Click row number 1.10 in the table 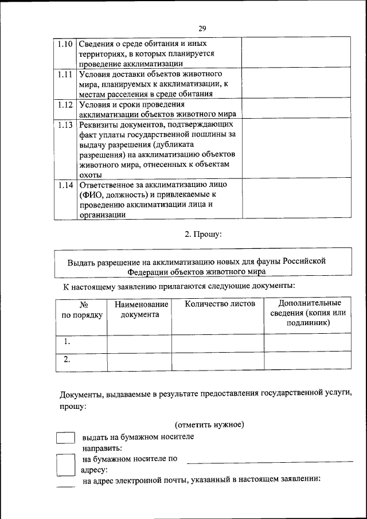click(x=65, y=44)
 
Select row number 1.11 click(x=65, y=75)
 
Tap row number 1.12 click(x=65, y=105)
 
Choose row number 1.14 click(x=65, y=185)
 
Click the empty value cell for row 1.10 click(x=296, y=53)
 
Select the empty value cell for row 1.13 click(x=296, y=149)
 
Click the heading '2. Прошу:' click(x=202, y=234)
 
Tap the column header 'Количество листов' click(x=218, y=304)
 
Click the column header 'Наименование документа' click(x=140, y=309)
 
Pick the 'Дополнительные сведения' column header click(x=308, y=313)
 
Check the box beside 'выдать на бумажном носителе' click(x=65, y=438)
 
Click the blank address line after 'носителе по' click(x=270, y=461)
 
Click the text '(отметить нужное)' click(x=209, y=425)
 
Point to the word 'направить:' click(x=101, y=448)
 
